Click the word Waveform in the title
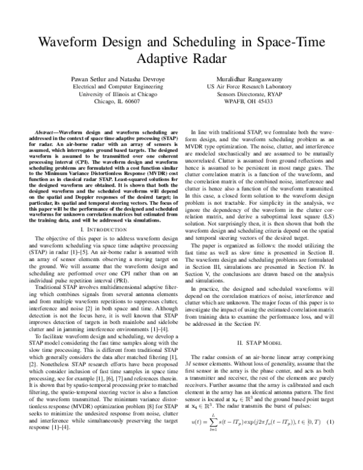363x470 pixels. pos(68,43)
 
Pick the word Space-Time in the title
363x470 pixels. pos(291,43)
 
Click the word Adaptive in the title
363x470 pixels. pos(161,60)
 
